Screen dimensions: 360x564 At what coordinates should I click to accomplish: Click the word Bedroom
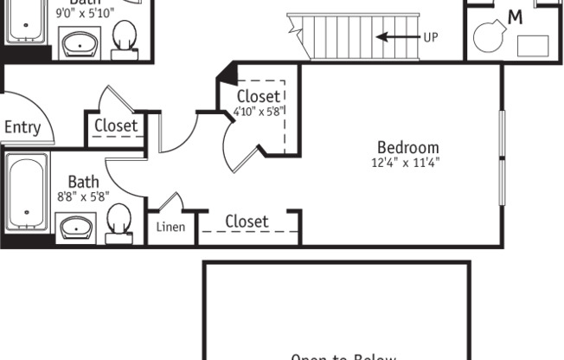point(407,147)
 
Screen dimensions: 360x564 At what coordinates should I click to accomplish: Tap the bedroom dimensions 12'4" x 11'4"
point(407,162)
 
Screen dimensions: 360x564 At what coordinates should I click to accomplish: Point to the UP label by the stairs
point(432,37)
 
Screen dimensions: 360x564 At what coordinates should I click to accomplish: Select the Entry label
point(22,128)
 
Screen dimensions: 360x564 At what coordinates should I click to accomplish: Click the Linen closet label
point(170,228)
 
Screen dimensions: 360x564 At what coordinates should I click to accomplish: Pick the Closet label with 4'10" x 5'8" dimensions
point(258,96)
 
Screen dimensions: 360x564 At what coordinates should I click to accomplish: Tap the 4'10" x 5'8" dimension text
point(259,111)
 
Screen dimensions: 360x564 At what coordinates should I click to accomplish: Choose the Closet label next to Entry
point(116,125)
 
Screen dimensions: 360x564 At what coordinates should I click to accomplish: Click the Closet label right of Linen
point(247,222)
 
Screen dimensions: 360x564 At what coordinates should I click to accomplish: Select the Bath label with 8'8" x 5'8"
point(83,182)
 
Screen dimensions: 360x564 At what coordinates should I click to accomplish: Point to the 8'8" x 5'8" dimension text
point(83,196)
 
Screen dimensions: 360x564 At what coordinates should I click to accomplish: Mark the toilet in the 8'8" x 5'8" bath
point(119,222)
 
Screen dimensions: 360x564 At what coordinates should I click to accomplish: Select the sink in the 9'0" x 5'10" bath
point(80,42)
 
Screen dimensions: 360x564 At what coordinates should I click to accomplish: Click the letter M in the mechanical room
point(516,16)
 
